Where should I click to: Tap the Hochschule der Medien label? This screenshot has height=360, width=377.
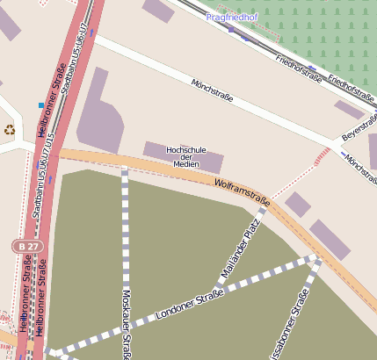tap(185, 157)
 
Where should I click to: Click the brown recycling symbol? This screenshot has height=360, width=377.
tap(10, 130)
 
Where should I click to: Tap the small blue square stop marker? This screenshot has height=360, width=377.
tap(40, 106)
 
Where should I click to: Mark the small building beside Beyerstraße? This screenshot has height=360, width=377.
tap(348, 110)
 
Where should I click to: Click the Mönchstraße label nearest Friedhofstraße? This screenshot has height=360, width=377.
tap(212, 90)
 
